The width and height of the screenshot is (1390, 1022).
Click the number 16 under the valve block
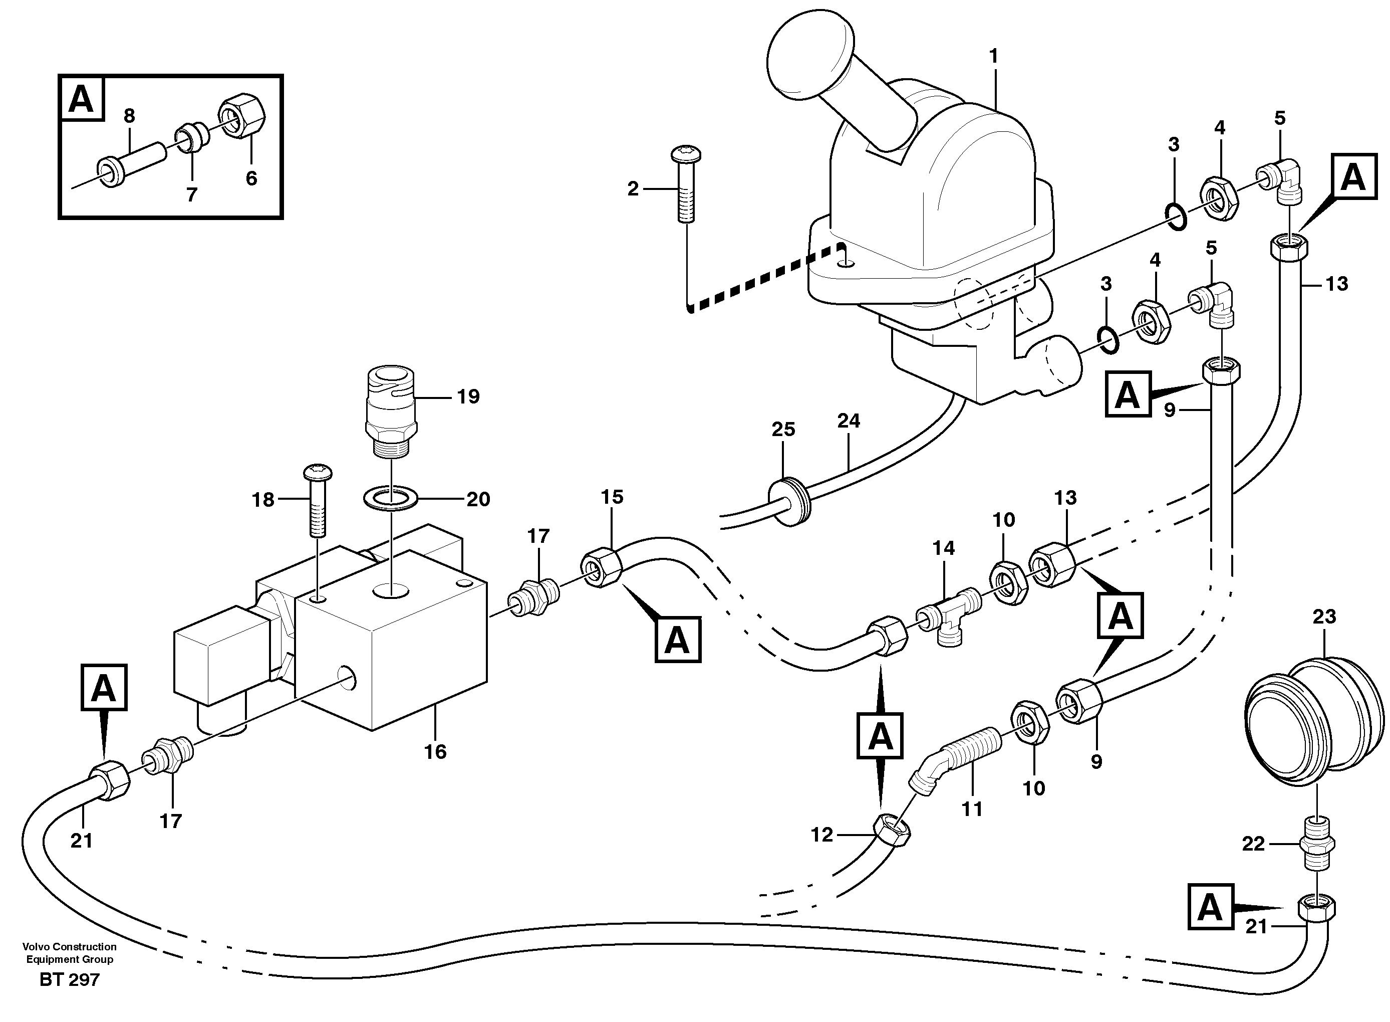[x=435, y=752]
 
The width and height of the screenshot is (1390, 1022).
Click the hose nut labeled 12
[x=891, y=832]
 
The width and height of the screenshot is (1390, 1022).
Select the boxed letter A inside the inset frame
[x=82, y=98]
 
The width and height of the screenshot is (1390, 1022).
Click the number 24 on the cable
[x=849, y=421]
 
